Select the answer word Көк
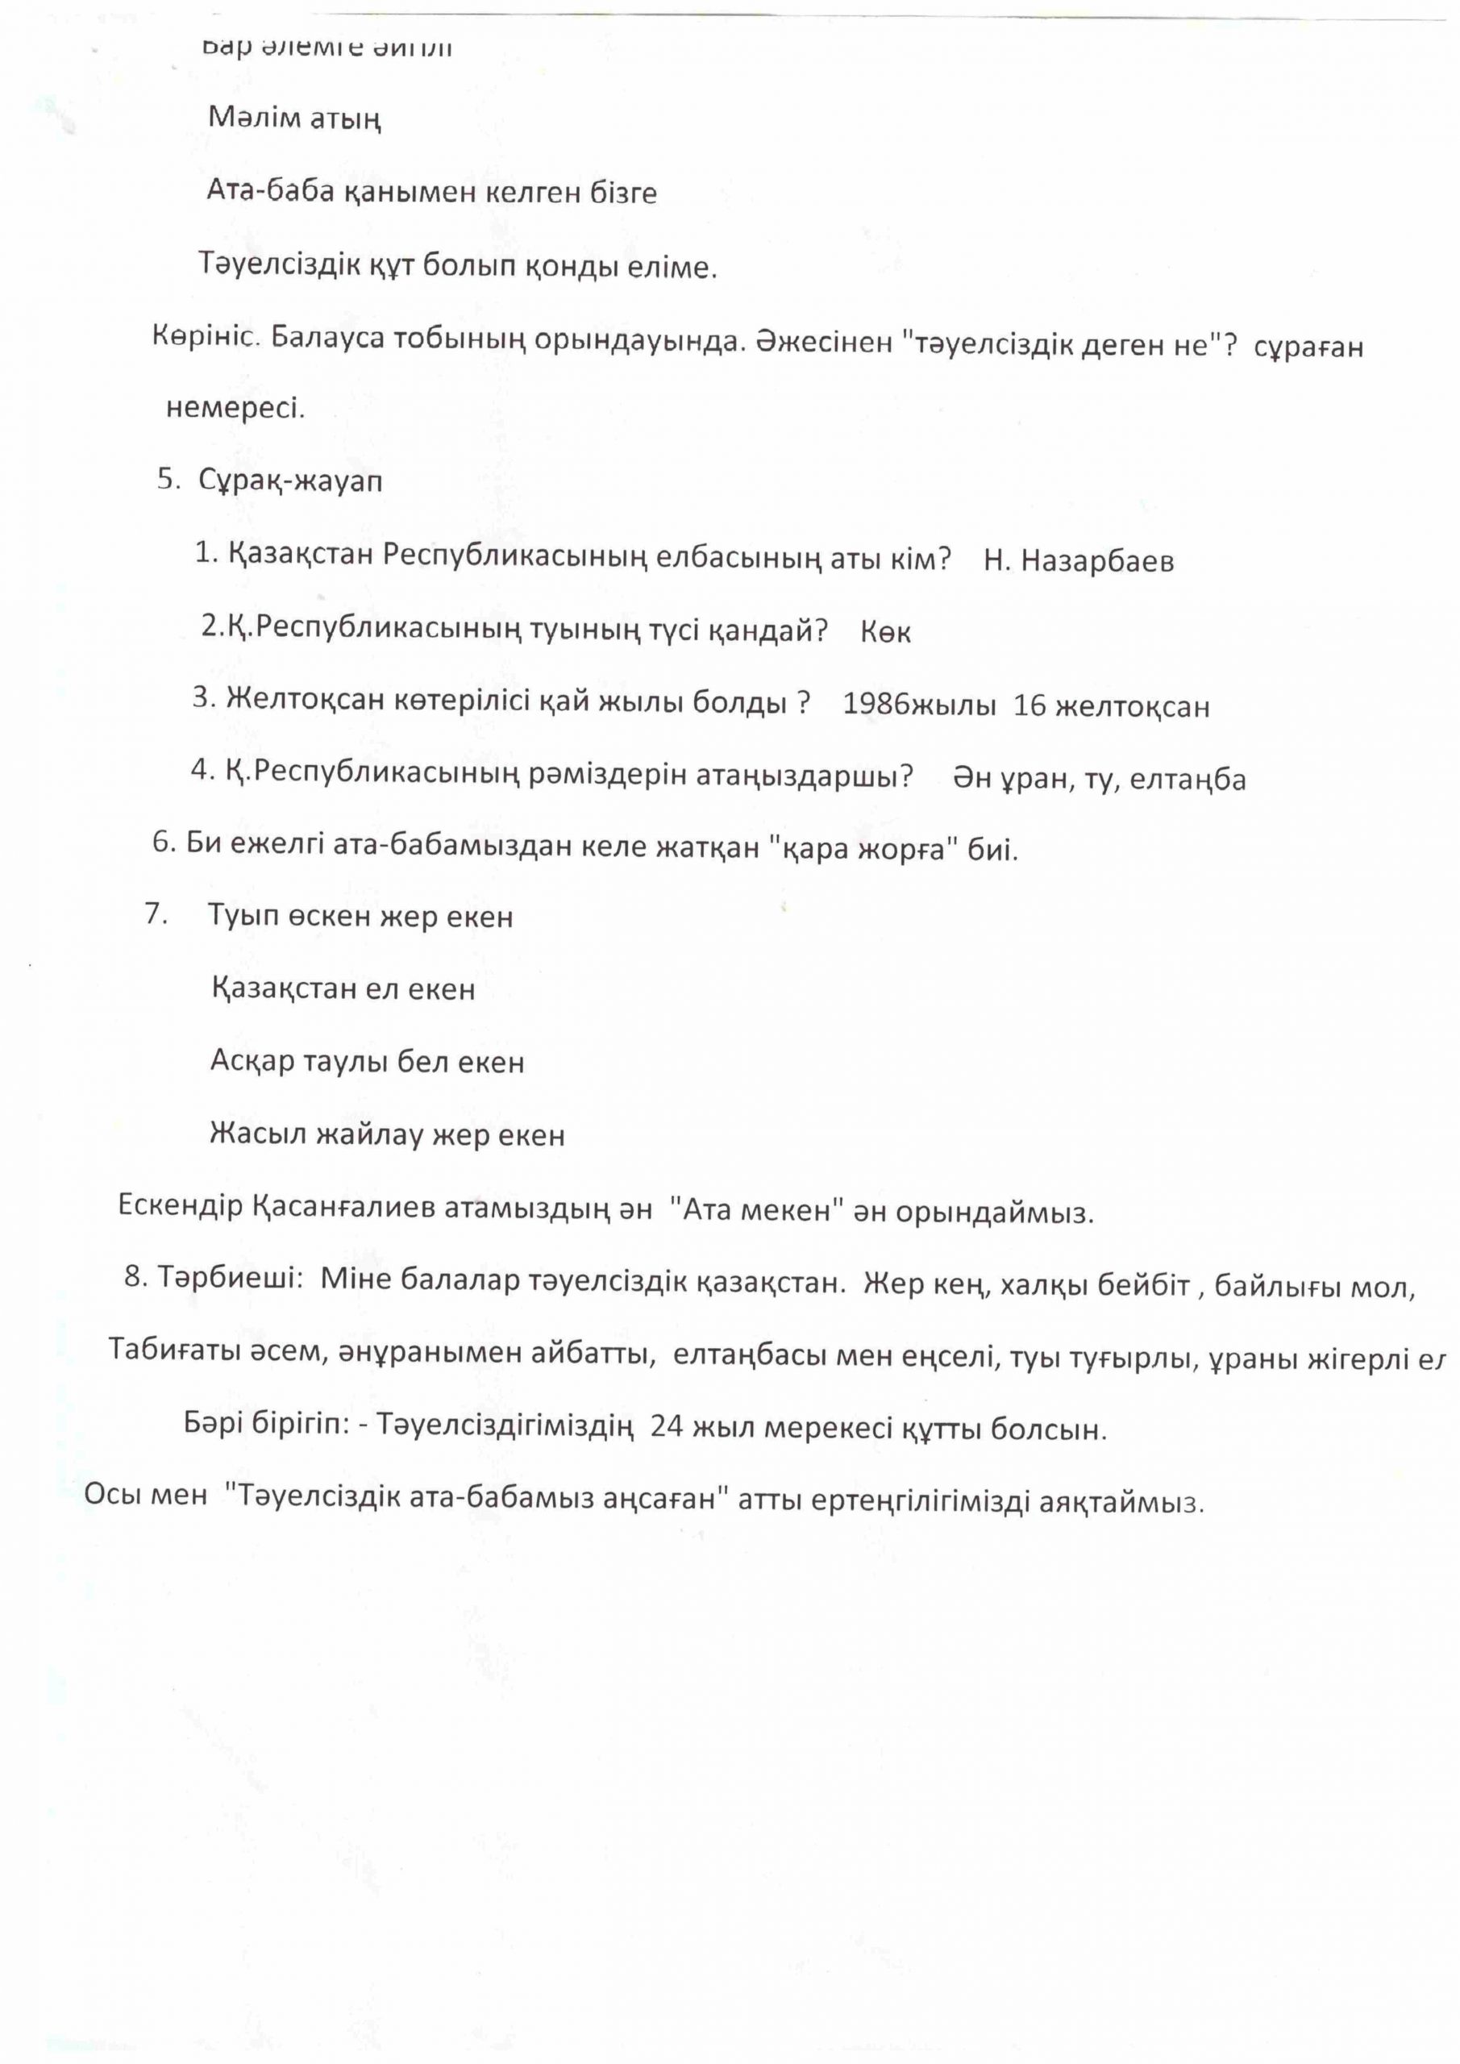885,633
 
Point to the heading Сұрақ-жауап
290,481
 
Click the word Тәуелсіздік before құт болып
279,266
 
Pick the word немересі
235,409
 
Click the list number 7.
156,914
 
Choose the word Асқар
252,1062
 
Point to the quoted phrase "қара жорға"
865,847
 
